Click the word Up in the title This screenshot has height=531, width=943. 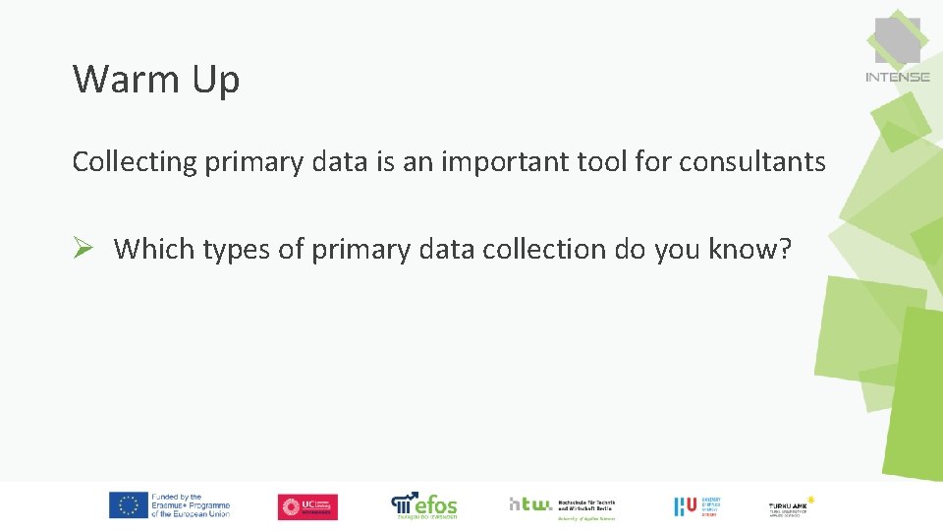click(x=216, y=82)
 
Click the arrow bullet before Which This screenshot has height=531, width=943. click(x=83, y=249)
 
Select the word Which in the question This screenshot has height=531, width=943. click(x=154, y=250)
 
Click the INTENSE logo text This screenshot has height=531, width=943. click(x=897, y=77)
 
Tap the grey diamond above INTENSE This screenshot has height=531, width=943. click(x=897, y=39)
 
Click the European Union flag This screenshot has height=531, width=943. click(x=128, y=505)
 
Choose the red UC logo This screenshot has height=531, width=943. click(x=307, y=506)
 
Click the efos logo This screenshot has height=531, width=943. click(x=424, y=505)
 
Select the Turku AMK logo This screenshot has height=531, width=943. click(x=792, y=506)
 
